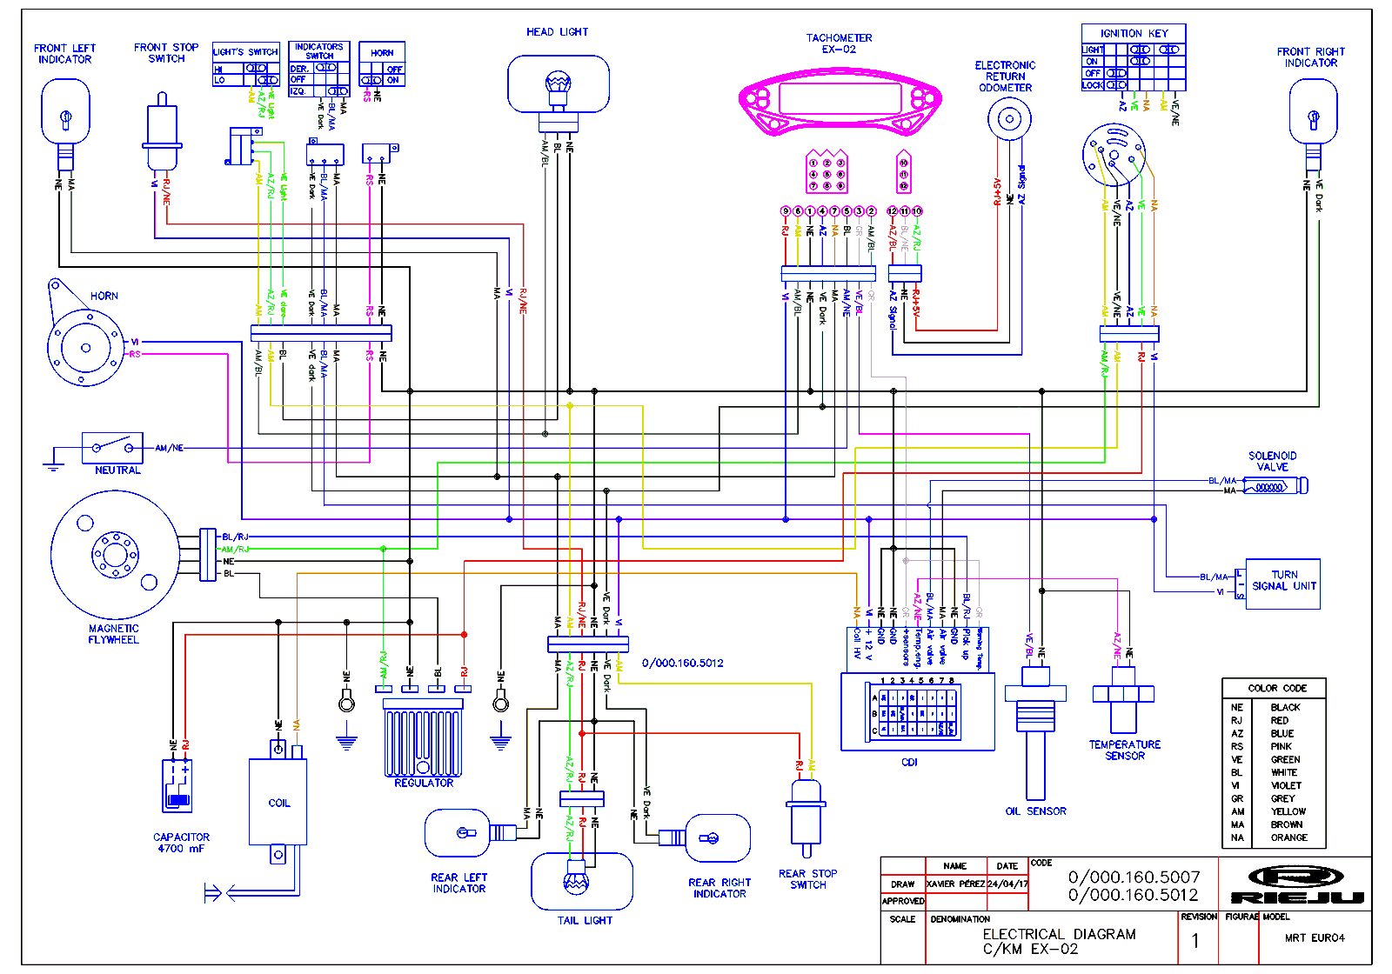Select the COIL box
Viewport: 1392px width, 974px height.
[278, 802]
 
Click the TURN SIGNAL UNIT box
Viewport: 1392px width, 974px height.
[1283, 583]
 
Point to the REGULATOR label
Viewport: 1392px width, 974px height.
[424, 784]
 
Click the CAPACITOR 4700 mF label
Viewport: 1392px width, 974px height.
[181, 843]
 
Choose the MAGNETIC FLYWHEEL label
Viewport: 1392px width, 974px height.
[113, 634]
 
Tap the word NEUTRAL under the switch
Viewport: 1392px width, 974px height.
[117, 470]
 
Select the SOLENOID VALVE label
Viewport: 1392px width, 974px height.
[1272, 462]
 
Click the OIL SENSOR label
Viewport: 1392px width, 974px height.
[1035, 811]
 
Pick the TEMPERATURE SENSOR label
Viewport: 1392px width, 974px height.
[1124, 751]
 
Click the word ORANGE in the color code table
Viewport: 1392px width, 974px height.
[1288, 837]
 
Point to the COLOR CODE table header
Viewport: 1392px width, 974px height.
[1277, 688]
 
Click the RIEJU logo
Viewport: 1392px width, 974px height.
[1296, 884]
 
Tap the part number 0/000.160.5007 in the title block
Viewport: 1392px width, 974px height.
[1134, 877]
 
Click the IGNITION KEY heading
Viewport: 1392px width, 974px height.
[1134, 33]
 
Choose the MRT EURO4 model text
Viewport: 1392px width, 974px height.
[1314, 937]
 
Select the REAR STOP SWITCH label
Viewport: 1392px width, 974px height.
[807, 879]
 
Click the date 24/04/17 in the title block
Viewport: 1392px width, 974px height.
[1007, 884]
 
